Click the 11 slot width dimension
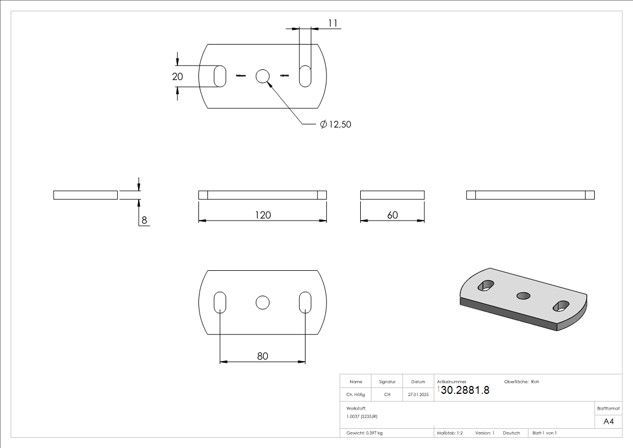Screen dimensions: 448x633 (332, 23)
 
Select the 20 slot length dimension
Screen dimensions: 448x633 (178, 77)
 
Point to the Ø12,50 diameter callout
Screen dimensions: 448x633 (335, 124)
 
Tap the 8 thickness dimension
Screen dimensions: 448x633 (144, 221)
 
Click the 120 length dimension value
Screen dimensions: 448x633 (263, 215)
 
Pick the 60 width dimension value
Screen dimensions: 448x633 (392, 215)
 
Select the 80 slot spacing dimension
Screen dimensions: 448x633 (263, 356)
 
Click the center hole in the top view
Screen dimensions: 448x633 (263, 76)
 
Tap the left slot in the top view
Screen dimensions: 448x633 (220, 76)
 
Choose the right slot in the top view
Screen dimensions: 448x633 (305, 76)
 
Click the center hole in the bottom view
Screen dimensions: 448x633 (262, 302)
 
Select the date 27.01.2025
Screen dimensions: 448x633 (418, 394)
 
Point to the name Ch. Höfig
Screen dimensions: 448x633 (355, 394)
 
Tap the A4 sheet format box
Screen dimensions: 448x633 (608, 421)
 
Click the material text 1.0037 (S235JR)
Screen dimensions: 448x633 (362, 416)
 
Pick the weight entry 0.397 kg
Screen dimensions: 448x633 (365, 433)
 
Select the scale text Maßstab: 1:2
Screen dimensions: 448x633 (450, 433)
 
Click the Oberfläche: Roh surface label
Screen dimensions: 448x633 (521, 382)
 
